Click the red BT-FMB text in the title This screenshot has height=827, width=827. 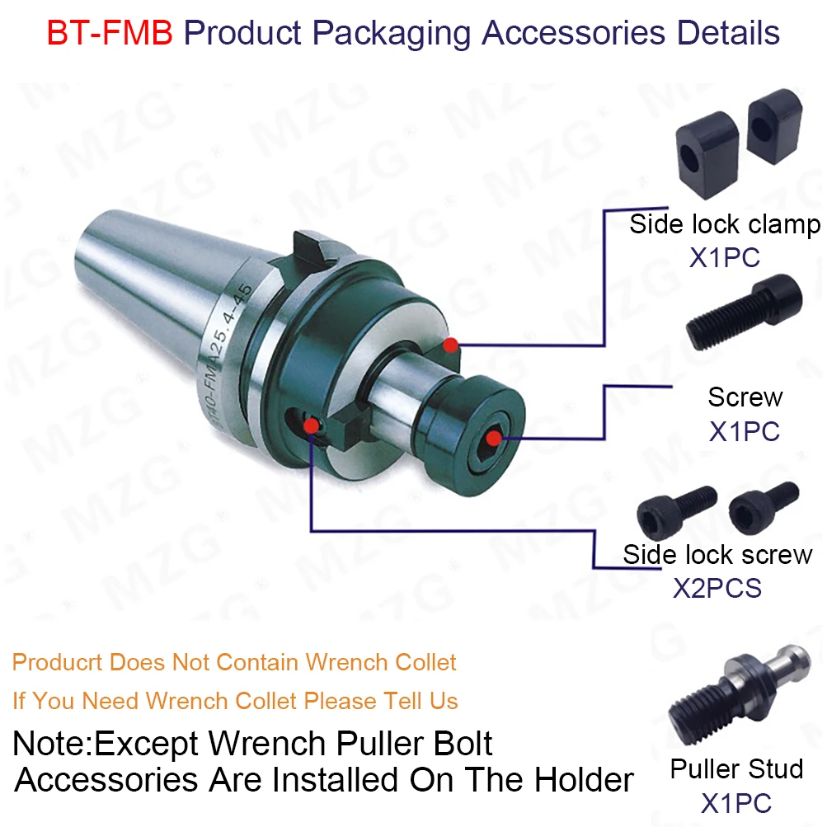[x=110, y=33]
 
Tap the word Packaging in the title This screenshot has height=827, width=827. [x=392, y=34]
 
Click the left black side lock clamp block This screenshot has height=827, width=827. [x=707, y=155]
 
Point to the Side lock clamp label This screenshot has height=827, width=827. [x=725, y=224]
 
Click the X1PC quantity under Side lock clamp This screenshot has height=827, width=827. [x=725, y=258]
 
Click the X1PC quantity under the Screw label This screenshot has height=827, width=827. [x=745, y=431]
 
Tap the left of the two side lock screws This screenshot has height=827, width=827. [x=677, y=511]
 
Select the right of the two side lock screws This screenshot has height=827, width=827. [x=764, y=505]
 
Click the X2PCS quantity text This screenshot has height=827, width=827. [x=717, y=588]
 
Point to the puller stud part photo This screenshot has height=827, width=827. [x=739, y=694]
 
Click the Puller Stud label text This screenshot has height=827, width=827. [x=736, y=768]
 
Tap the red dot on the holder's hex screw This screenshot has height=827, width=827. [x=494, y=438]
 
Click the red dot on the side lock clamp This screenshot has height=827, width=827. [x=450, y=345]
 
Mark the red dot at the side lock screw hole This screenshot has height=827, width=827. [x=311, y=425]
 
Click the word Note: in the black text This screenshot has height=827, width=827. [x=52, y=743]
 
